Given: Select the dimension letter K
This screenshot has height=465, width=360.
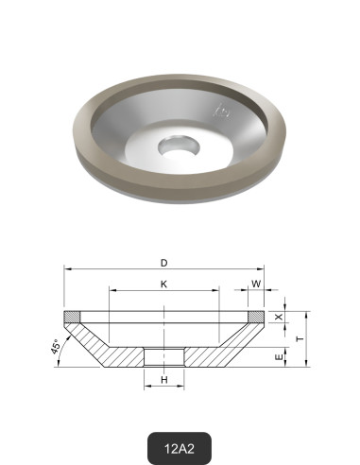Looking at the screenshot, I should pos(164,284).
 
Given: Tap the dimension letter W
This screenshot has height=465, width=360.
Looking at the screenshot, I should pos(256,284).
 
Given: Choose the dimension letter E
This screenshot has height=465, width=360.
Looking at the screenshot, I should pos(277,359).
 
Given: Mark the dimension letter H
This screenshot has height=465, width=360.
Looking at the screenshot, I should pos(164,380).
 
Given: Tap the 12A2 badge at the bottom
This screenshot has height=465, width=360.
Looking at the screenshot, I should pos(179,446).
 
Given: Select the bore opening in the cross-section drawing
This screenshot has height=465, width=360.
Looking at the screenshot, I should pos(164,357).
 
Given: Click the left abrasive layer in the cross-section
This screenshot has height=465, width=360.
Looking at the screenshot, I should pos(72,317).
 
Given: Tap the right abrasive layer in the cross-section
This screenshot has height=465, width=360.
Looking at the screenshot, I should pos(257,317).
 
